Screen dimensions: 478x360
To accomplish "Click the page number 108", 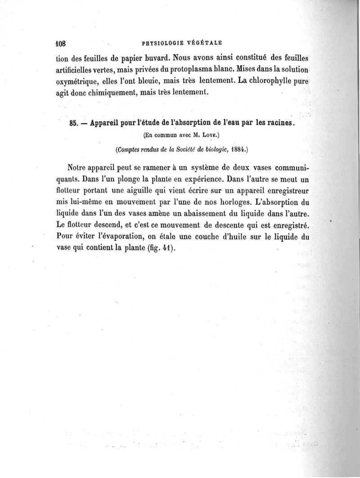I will [60, 44].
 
